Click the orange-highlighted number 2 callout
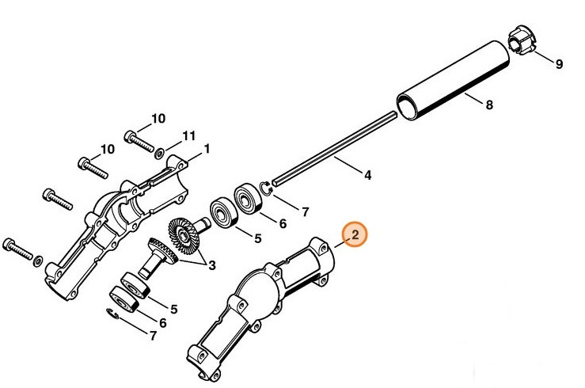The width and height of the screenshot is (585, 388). click(x=355, y=234)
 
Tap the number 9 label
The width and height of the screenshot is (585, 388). click(x=559, y=64)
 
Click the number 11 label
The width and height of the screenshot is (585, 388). click(x=188, y=136)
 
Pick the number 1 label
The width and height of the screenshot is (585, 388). click(x=207, y=148)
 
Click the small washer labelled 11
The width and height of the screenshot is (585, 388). click(x=160, y=150)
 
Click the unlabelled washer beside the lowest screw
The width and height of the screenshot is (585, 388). click(x=37, y=255)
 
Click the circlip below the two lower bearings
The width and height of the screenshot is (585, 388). click(x=114, y=316)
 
